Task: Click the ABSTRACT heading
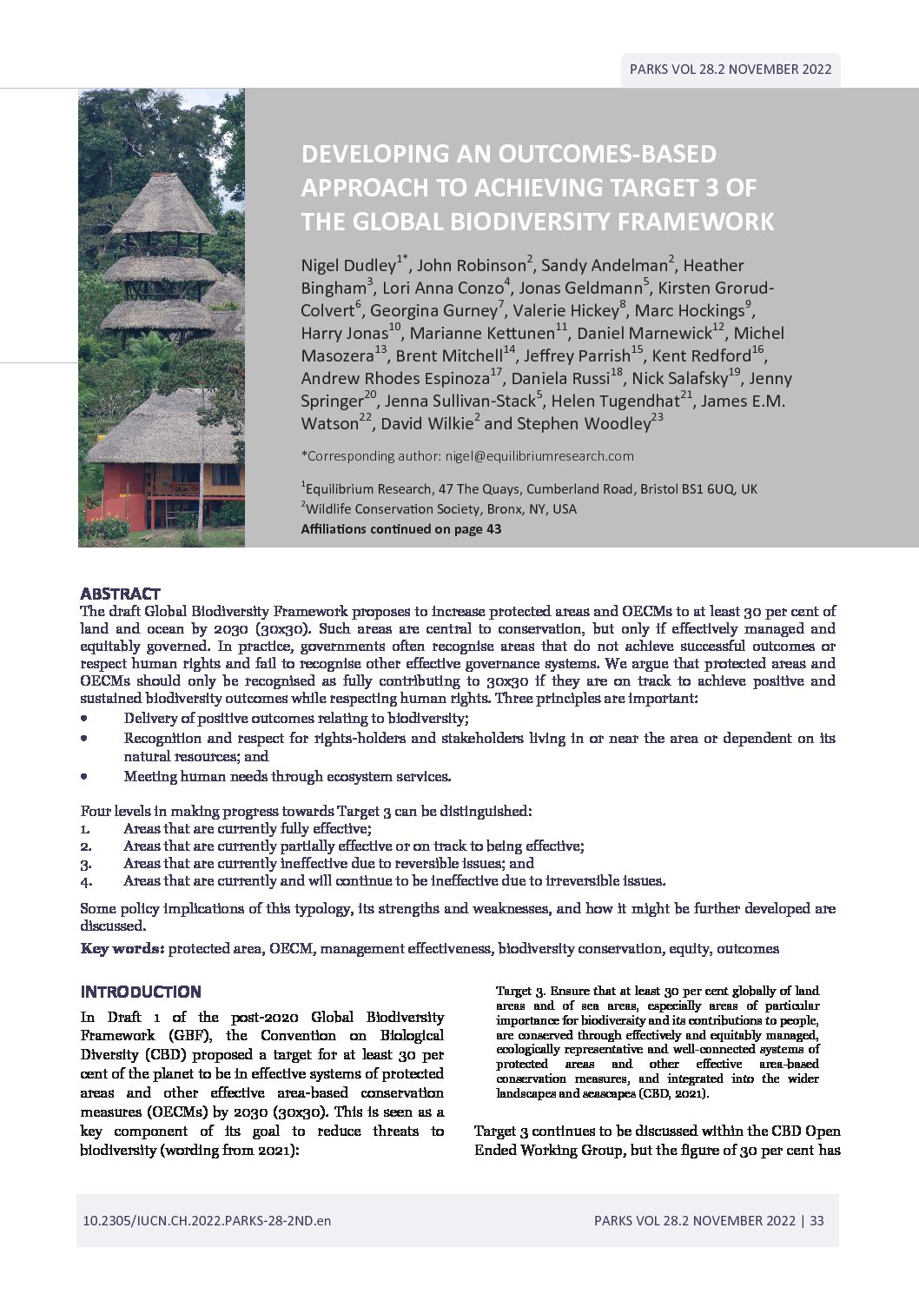coord(120,594)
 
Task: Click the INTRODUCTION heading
coord(141,992)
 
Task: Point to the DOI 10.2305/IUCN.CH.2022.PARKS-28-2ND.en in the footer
coord(207,1220)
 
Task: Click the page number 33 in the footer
coord(817,1220)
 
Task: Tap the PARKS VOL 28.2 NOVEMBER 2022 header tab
coord(731,70)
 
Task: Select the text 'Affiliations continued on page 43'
coord(400,528)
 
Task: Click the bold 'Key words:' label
coord(122,948)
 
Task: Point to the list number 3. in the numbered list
coord(86,864)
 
